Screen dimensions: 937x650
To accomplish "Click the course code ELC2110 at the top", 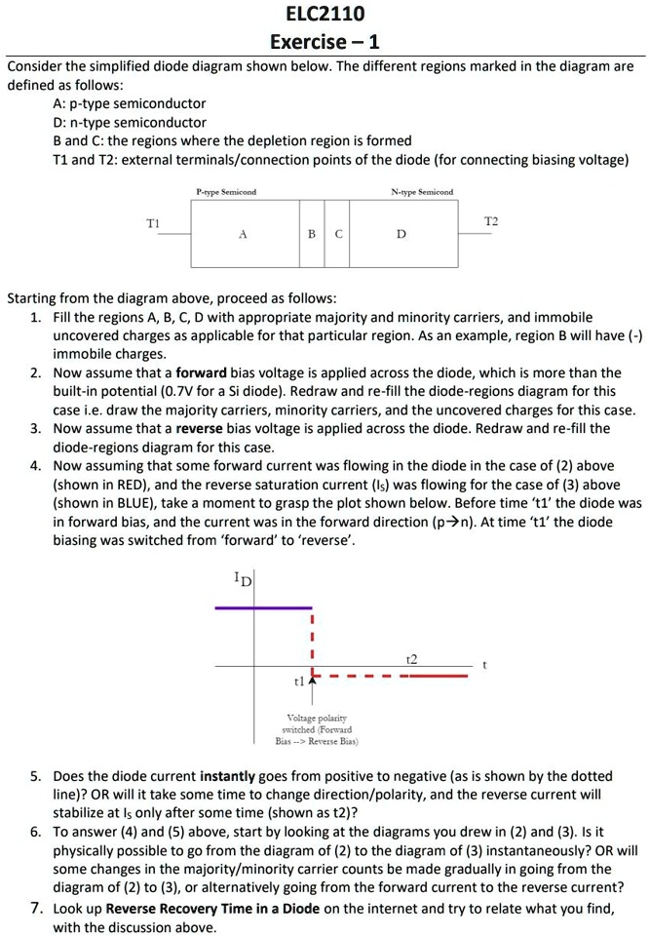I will pos(325,14).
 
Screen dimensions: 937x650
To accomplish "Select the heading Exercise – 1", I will pos(325,41).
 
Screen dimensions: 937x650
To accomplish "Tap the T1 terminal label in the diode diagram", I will pos(153,223).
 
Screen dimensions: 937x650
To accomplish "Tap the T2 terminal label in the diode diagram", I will pos(490,222).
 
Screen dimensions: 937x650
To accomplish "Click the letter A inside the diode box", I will pos(242,235).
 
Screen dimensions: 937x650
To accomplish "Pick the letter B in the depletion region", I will pos(311,235).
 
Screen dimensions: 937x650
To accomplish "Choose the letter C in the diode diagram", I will pos(338,235).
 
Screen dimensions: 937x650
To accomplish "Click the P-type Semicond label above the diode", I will pos(226,192).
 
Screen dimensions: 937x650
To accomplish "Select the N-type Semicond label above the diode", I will pos(422,192).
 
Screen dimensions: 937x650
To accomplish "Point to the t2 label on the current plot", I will pos(410,660).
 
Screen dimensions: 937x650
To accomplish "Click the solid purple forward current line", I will pos(263,606).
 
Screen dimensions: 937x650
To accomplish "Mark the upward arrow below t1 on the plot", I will pos(313,691).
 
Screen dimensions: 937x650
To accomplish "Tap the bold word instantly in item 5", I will pos(228,776).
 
